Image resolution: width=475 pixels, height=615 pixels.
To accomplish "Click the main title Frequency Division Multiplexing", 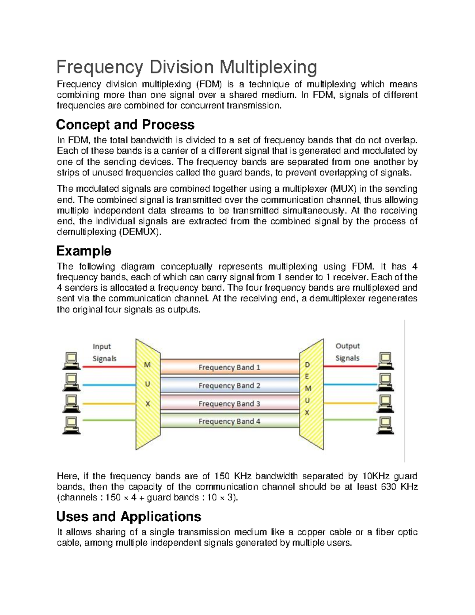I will pyautogui.click(x=186, y=67).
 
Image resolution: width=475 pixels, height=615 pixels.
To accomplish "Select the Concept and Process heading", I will pyautogui.click(x=125, y=125).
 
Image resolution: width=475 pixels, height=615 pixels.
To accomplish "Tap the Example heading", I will pyautogui.click(x=84, y=251).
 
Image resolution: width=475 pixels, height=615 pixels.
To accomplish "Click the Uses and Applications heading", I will pyautogui.click(x=129, y=516).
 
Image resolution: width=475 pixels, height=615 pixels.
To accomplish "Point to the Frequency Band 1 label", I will pyautogui.click(x=229, y=367).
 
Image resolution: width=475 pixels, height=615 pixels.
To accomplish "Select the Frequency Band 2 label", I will pyautogui.click(x=229, y=386).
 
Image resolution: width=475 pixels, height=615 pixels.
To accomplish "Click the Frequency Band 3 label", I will pyautogui.click(x=229, y=404).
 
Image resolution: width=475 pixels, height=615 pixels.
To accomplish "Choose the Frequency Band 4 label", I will pyautogui.click(x=229, y=421).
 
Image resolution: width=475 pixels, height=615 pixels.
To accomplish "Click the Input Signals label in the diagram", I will pyautogui.click(x=104, y=352).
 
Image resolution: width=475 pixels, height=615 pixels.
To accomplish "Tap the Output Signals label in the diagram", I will pyautogui.click(x=348, y=352).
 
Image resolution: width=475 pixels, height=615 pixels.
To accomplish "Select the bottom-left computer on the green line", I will pyautogui.click(x=71, y=425).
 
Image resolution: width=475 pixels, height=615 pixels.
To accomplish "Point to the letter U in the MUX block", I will pyautogui.click(x=147, y=384).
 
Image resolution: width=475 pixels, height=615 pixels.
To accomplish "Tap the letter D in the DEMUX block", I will pyautogui.click(x=307, y=365).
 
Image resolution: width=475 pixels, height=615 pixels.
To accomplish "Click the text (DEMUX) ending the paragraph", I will pyautogui.click(x=141, y=232).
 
